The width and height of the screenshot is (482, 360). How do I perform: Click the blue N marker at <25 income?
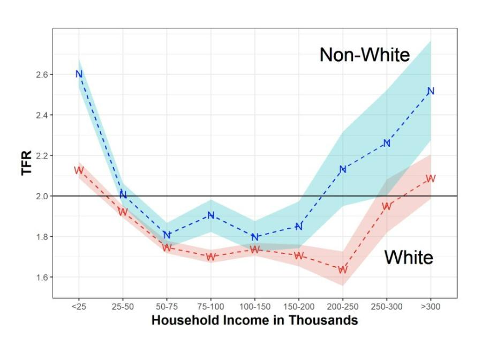[x=79, y=74]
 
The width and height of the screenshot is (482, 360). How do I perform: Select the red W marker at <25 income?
[x=79, y=170]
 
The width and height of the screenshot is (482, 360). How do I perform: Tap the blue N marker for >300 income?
[x=431, y=91]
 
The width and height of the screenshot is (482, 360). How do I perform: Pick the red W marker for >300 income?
[x=431, y=178]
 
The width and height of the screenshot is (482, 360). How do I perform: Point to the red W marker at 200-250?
[x=343, y=269]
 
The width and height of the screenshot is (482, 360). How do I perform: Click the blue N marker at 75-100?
[x=211, y=215]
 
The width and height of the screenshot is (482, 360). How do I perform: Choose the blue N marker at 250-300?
[x=387, y=143]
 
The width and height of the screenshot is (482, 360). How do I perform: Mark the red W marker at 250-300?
[x=387, y=206]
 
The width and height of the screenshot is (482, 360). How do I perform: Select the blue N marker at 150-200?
[x=299, y=227]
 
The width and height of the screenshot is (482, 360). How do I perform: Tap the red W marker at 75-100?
[x=211, y=257]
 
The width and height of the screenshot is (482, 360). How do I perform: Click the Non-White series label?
[x=365, y=55]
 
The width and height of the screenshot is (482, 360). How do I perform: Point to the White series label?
[x=409, y=257]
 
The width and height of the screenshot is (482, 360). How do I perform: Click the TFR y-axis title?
[x=27, y=163]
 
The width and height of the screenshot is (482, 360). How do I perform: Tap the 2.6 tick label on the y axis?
[x=41, y=74]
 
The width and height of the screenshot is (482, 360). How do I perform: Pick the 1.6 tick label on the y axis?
[x=41, y=277]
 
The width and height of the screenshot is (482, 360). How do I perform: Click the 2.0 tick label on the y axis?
[x=41, y=196]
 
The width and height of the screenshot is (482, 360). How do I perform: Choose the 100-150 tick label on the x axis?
[x=255, y=306]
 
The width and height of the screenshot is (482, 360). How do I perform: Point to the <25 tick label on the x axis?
[x=79, y=306]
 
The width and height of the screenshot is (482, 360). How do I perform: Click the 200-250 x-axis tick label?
[x=343, y=306]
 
